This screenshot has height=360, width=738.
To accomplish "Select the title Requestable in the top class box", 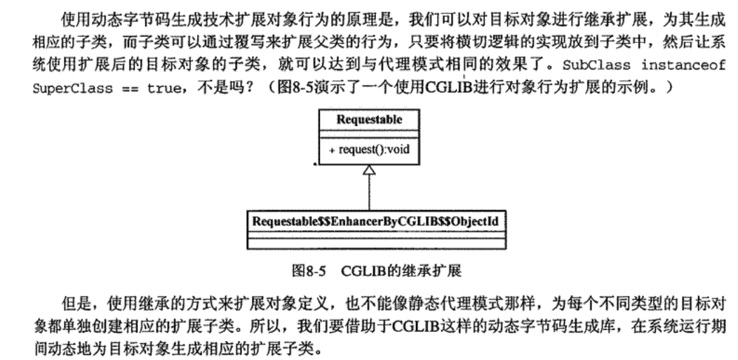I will pos(369,119).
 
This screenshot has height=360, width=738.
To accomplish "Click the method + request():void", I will pos(369,149).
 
